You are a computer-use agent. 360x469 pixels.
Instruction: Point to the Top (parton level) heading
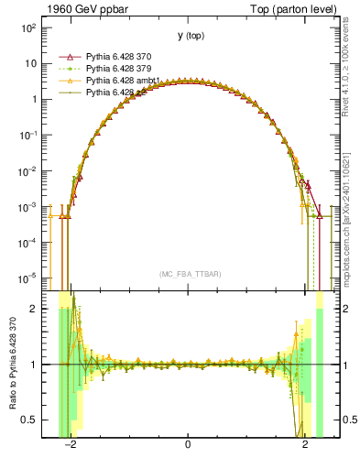[292, 8]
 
